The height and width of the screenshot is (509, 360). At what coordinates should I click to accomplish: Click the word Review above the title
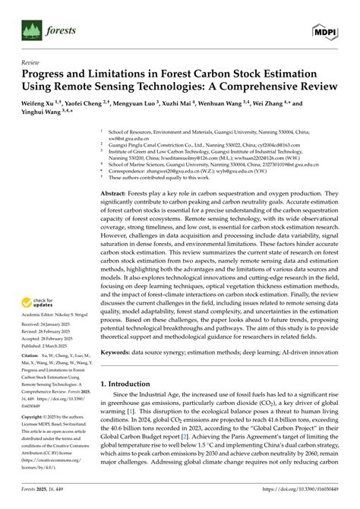(31, 65)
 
